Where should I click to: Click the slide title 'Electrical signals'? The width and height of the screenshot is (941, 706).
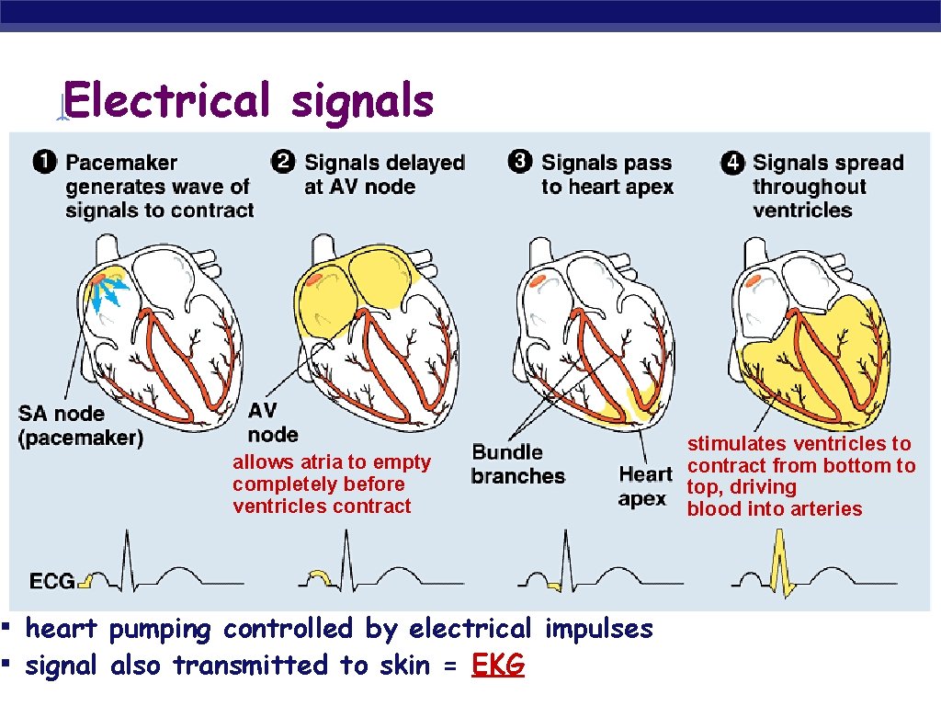[x=249, y=100]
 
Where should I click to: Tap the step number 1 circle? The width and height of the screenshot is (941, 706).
[x=43, y=163]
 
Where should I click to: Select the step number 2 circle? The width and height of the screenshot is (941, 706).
[x=283, y=162]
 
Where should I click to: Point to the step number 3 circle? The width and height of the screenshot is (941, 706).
[x=520, y=162]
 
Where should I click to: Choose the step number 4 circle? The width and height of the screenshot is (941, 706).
[x=732, y=163]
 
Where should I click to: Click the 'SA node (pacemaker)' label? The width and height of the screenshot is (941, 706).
[x=81, y=426]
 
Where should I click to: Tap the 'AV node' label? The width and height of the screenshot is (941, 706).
[x=273, y=422]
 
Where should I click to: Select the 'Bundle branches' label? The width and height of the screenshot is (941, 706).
[x=517, y=464]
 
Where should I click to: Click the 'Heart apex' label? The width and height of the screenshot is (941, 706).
[x=644, y=486]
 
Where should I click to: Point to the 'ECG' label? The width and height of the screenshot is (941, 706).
[x=52, y=581]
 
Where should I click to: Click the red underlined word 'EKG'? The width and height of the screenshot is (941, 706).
[x=498, y=665]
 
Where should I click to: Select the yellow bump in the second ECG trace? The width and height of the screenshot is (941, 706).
[x=319, y=576]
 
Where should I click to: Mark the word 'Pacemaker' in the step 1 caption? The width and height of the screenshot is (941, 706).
[x=121, y=163]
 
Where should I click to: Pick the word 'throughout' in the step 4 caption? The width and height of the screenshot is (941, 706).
[x=810, y=187]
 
